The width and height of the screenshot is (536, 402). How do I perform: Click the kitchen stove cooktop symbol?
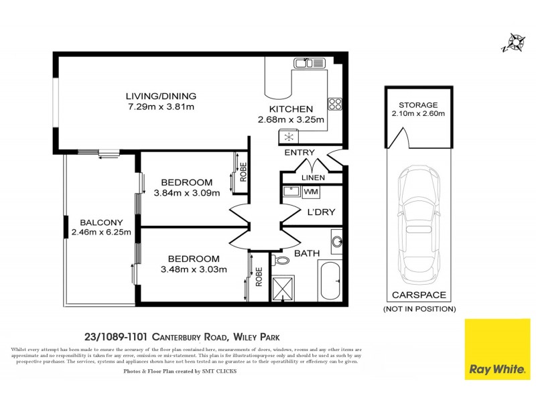(335, 104)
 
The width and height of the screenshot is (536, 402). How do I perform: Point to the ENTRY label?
(299, 153)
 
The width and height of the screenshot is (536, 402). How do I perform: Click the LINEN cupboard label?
(313, 178)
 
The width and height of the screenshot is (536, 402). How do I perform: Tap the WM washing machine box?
(311, 192)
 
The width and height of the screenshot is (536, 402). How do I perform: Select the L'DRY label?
(321, 212)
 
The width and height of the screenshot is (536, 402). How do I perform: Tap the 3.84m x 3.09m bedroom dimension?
(186, 194)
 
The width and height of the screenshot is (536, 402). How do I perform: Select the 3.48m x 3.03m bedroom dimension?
(194, 270)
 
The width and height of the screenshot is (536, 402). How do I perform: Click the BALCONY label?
(100, 222)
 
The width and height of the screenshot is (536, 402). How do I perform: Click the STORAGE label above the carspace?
(418, 105)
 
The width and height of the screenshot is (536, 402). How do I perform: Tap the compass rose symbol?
(515, 42)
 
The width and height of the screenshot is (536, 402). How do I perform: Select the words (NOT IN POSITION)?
(419, 309)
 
